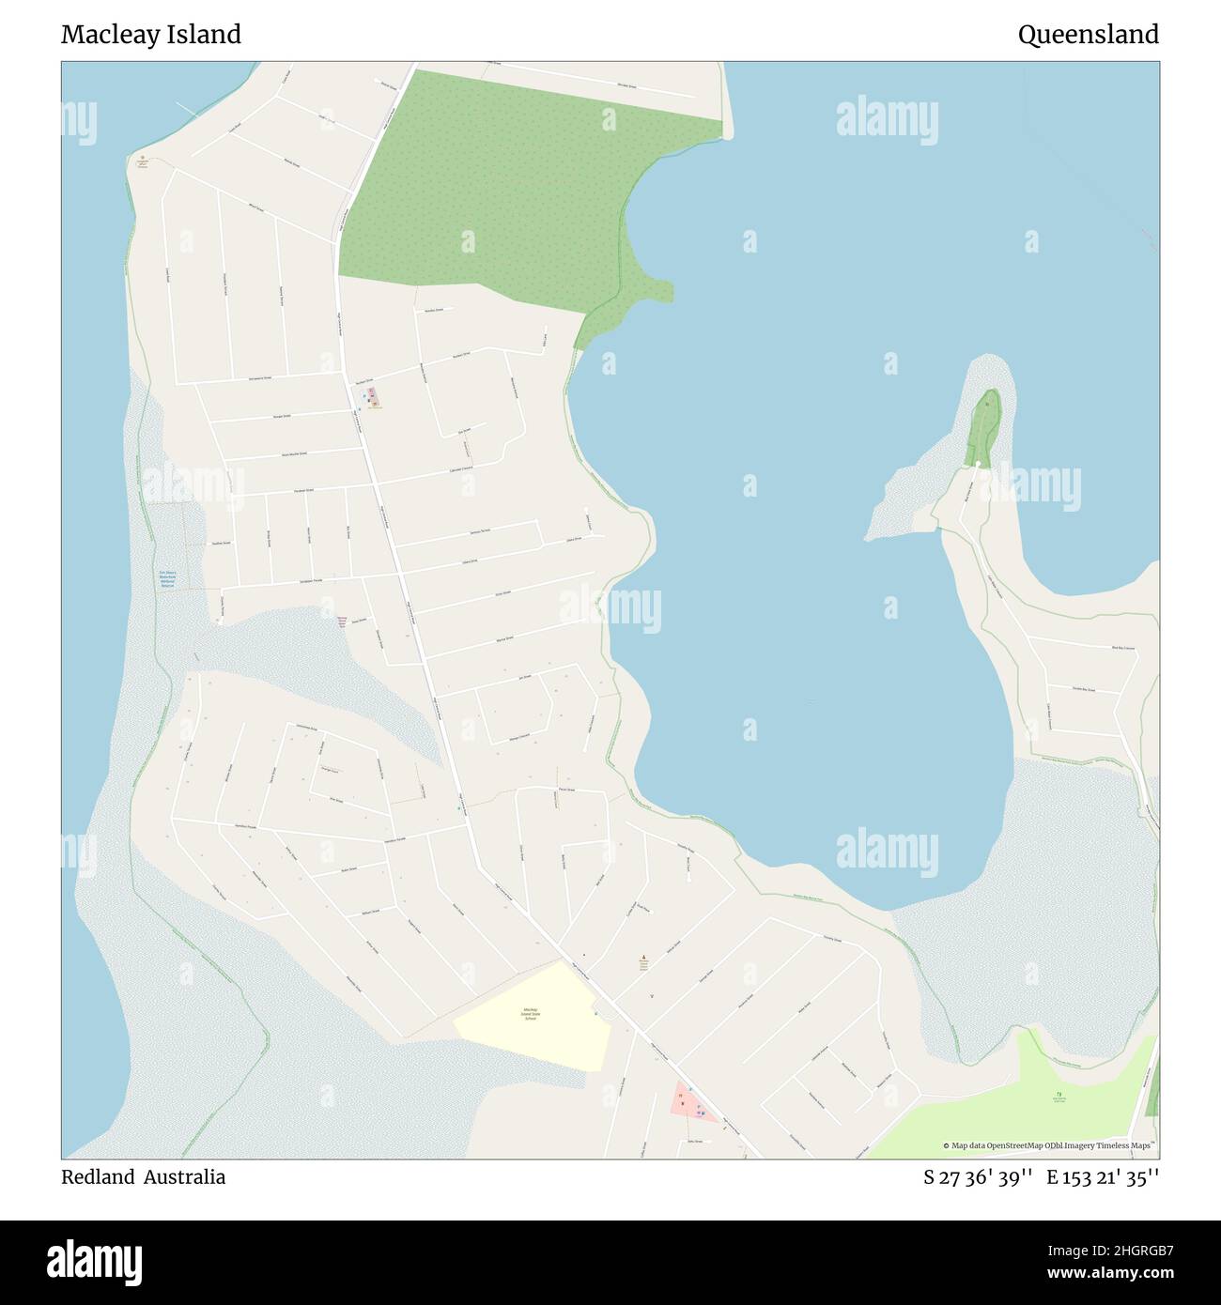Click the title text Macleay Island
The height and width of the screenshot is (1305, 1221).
(151, 35)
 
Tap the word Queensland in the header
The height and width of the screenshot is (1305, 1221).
(1088, 35)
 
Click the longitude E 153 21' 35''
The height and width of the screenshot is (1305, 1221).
(1103, 1177)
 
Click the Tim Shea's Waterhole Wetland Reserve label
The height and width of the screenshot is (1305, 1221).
(167, 578)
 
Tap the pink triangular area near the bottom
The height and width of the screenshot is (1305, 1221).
(691, 1104)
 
